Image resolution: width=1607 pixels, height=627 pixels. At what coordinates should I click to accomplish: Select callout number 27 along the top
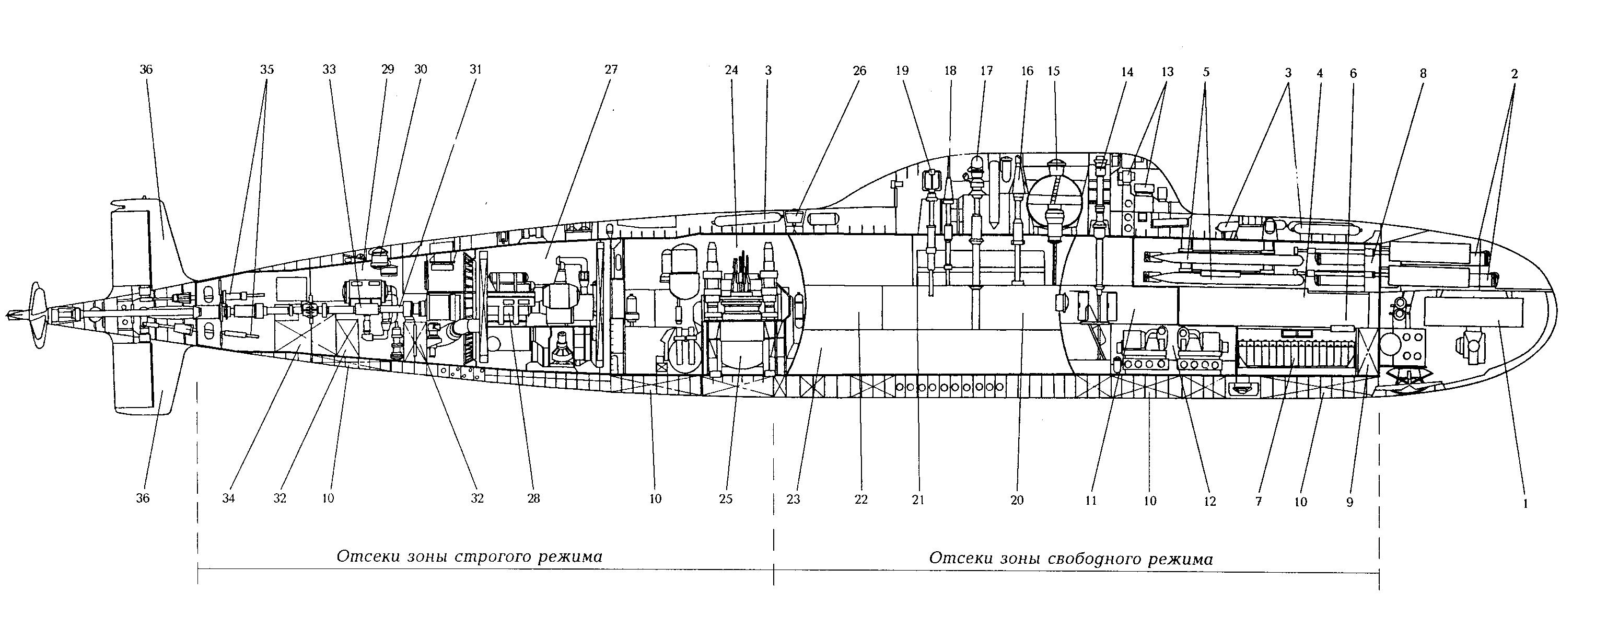[x=611, y=70]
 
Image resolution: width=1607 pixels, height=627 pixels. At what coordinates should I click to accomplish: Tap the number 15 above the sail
[x=1054, y=71]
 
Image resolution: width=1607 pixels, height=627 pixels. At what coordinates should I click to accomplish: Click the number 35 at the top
[x=266, y=70]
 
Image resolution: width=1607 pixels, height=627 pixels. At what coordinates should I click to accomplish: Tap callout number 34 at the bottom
[x=228, y=498]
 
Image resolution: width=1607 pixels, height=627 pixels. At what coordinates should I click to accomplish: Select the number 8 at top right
[x=1423, y=74]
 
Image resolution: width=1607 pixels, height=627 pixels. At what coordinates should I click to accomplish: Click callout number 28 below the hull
[x=533, y=498]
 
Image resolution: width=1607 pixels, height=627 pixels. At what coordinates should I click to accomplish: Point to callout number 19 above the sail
[x=902, y=71]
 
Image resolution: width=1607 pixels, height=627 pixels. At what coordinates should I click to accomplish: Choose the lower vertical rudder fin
[x=144, y=380]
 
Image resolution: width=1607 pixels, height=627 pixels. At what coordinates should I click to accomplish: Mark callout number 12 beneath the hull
[x=1209, y=502]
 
